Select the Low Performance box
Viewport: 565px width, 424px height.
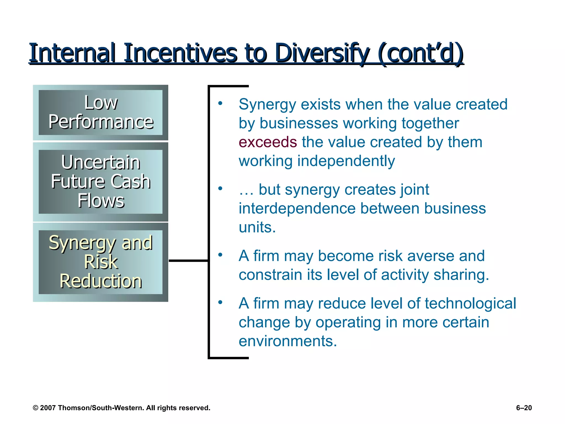101,112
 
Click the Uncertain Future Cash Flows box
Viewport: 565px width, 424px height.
101,181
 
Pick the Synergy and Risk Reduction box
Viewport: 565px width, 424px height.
101,262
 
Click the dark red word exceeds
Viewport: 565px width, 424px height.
268,142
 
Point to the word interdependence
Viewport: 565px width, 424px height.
297,208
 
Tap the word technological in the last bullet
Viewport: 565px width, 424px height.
470,303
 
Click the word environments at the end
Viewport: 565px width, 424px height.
287,341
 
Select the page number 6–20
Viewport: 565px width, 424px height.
524,408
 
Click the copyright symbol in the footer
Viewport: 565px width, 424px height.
35,408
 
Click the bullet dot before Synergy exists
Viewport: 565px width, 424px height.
220,104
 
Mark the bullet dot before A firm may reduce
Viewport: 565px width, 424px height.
220,303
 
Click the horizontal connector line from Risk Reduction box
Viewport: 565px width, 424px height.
188,260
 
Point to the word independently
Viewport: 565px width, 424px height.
346,161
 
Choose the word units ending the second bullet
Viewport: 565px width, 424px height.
257,227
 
